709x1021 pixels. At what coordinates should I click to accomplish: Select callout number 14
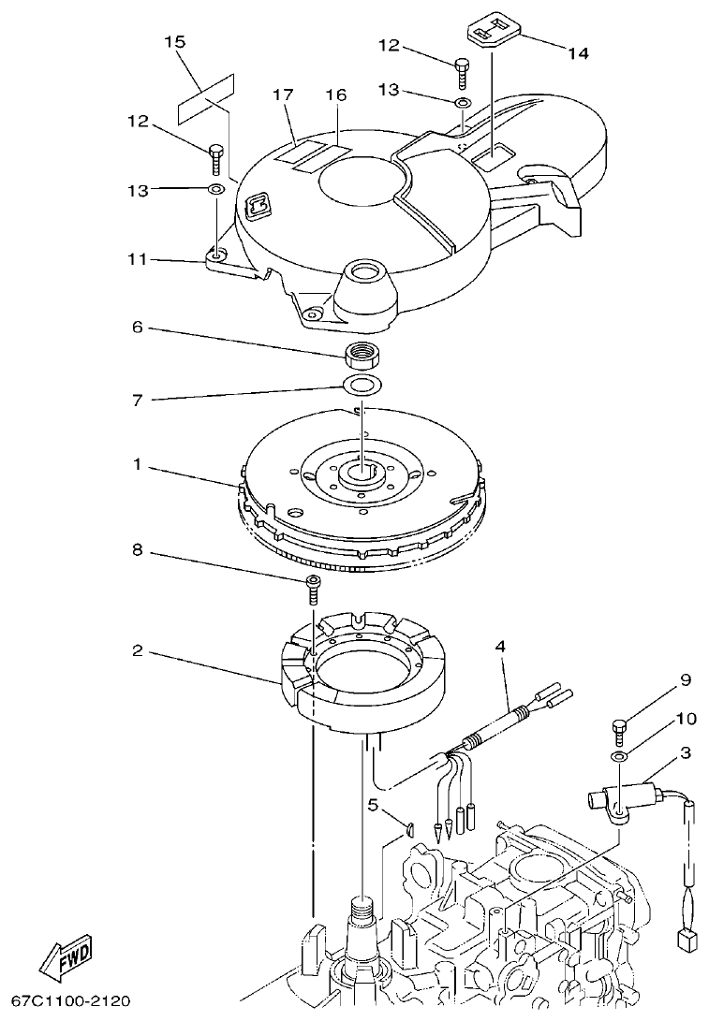(x=578, y=53)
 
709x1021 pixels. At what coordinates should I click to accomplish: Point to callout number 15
(x=174, y=42)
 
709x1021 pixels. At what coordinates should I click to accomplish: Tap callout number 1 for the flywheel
(x=138, y=465)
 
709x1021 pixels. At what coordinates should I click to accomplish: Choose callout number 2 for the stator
(x=138, y=650)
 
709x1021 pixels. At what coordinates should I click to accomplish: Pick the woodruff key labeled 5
(x=409, y=826)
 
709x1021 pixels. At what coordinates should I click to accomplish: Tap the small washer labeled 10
(x=617, y=755)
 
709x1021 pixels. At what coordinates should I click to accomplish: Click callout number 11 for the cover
(x=138, y=259)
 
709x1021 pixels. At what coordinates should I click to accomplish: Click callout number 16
(x=335, y=95)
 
